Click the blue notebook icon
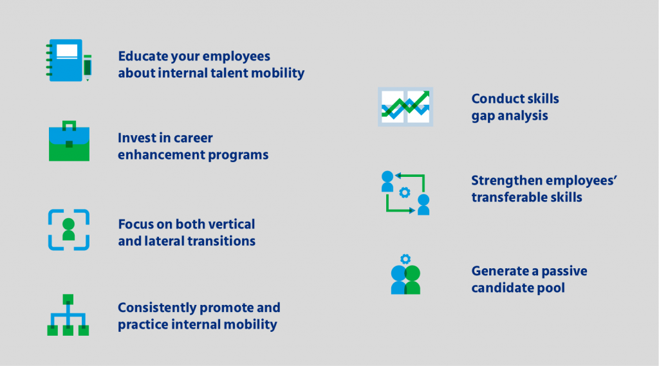(x=66, y=60)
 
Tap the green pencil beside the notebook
(x=88, y=67)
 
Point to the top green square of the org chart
(x=69, y=299)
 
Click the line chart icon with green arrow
(x=405, y=106)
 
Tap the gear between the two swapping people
(x=405, y=192)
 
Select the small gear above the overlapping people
(x=405, y=259)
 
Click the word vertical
(x=231, y=224)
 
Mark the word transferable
(x=512, y=197)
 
